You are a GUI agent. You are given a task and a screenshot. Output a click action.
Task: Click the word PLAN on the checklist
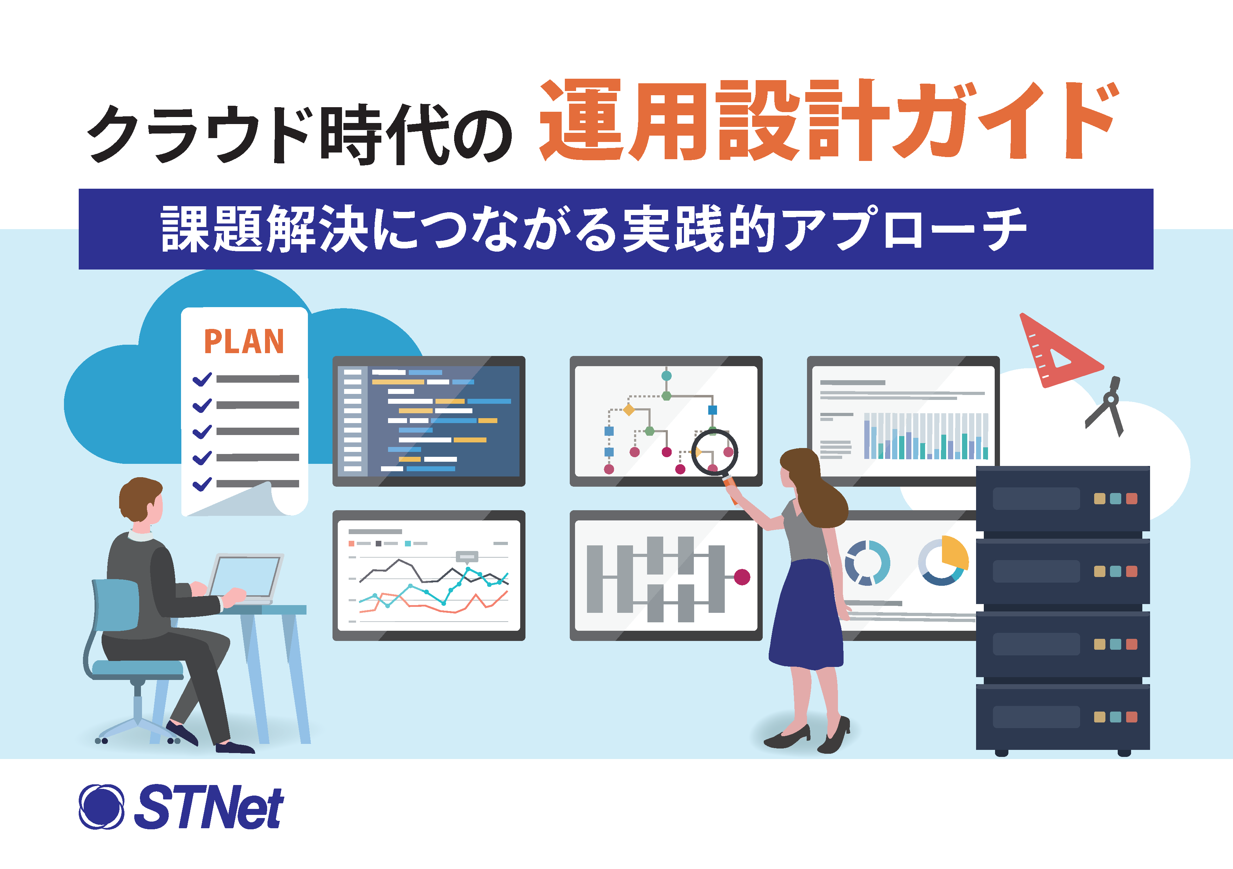[244, 341]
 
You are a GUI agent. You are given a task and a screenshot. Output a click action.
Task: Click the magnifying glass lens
[714, 453]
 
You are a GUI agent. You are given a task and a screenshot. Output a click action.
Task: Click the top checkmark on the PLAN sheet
[202, 379]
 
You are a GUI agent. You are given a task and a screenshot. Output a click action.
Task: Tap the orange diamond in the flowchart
[628, 410]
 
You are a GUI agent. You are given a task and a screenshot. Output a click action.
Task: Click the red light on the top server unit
[1131, 499]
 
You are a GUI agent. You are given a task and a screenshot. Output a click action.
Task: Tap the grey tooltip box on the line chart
[467, 557]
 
